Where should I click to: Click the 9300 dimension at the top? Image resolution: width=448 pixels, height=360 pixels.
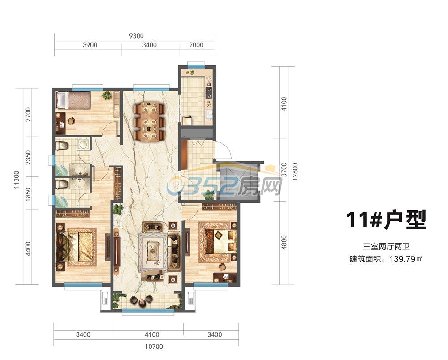(136, 36)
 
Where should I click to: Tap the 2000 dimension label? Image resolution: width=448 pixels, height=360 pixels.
(196, 45)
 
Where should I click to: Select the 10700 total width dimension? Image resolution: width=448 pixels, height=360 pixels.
(154, 347)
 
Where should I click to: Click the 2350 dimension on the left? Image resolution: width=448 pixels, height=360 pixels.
(28, 158)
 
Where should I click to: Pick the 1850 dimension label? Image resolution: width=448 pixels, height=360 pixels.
(28, 194)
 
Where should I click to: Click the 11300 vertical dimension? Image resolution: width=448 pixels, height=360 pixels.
(17, 179)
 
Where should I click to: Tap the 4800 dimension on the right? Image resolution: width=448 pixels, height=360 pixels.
(284, 242)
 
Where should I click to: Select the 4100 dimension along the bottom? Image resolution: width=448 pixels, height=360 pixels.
(152, 334)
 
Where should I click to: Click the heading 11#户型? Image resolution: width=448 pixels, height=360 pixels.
(386, 220)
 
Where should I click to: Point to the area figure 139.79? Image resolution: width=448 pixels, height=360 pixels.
(402, 259)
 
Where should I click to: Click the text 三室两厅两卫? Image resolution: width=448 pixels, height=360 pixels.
(386, 246)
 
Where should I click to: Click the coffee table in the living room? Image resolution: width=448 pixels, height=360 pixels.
(153, 251)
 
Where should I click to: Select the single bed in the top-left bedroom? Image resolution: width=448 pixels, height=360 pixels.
(73, 100)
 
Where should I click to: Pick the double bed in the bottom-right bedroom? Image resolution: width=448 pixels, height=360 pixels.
(220, 242)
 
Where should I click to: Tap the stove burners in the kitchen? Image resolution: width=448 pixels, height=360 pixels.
(209, 92)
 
